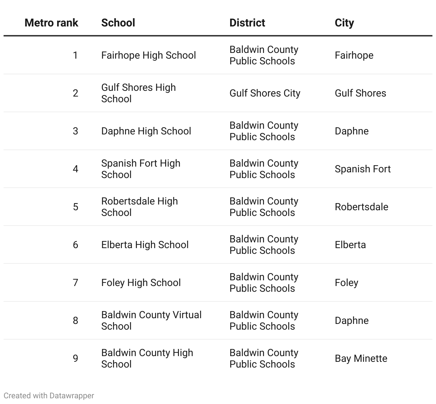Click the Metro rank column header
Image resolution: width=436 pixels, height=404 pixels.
tap(51, 23)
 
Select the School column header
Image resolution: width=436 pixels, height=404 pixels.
tap(118, 23)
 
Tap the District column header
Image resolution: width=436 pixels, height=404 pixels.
tap(247, 23)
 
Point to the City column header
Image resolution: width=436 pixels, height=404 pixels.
tap(344, 23)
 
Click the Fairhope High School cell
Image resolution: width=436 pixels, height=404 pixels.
tap(148, 55)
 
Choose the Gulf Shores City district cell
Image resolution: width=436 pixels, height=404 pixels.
tap(264, 93)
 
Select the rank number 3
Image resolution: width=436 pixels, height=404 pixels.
tap(75, 131)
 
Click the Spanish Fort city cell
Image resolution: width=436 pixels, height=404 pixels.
tap(362, 169)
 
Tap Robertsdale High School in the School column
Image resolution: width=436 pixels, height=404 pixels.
tap(139, 207)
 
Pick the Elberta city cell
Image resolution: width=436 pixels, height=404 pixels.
tap(350, 245)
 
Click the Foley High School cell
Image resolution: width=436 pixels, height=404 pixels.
tap(141, 283)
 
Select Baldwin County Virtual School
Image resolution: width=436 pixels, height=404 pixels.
tap(151, 320)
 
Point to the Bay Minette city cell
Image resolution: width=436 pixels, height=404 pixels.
tap(361, 359)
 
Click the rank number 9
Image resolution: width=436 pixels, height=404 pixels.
tap(75, 359)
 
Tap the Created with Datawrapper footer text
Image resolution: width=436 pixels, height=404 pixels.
tap(49, 396)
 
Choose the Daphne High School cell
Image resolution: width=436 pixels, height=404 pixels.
tap(146, 131)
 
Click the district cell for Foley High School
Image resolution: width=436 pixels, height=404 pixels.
tap(264, 283)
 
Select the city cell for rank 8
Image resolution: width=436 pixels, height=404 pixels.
tap(351, 321)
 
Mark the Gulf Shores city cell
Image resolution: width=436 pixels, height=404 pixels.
tap(360, 93)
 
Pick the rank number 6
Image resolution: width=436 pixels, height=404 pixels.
tap(75, 245)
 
